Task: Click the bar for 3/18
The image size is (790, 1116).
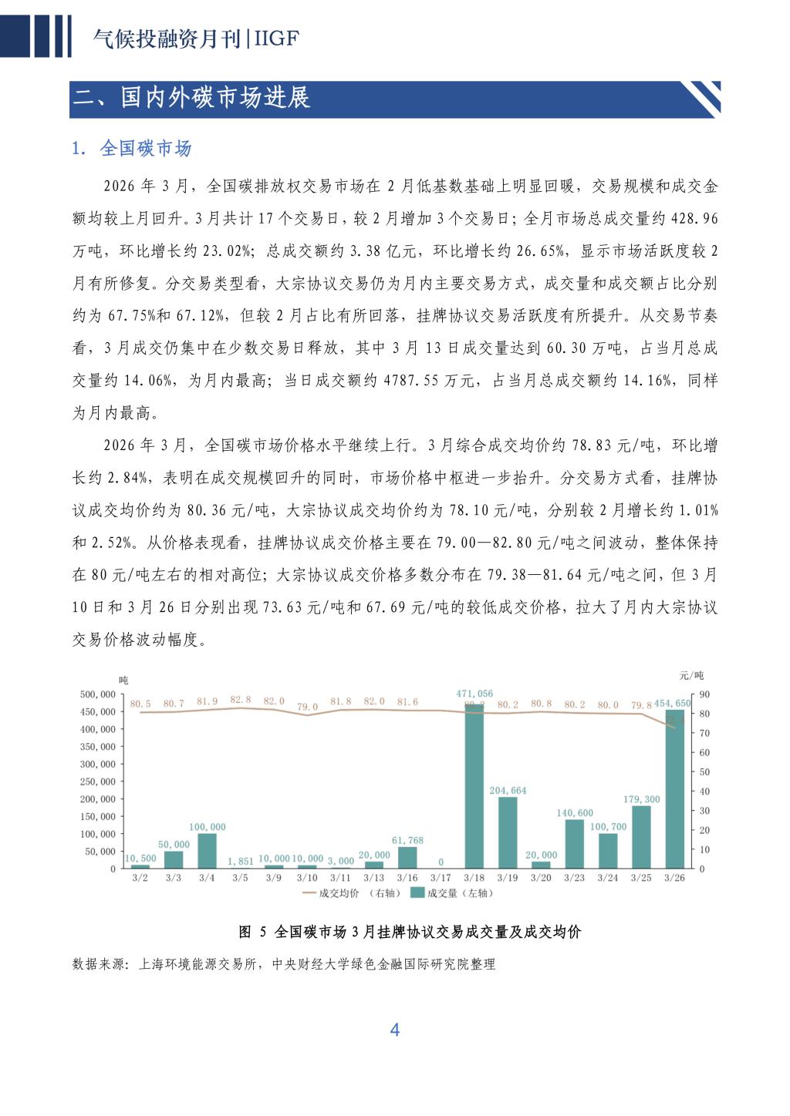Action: point(474,786)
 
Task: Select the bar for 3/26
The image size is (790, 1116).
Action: point(675,790)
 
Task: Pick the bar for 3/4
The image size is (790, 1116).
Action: point(207,851)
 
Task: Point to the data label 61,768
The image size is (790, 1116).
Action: point(407,840)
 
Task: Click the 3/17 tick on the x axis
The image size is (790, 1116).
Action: point(441,878)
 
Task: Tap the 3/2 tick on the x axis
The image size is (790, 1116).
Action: point(140,878)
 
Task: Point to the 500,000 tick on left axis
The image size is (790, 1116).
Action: point(97,694)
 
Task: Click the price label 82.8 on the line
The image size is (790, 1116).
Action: point(241,699)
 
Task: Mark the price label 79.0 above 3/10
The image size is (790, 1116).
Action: point(307,706)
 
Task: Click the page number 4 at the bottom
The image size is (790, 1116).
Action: point(395,1030)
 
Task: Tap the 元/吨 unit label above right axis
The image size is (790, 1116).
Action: point(690,676)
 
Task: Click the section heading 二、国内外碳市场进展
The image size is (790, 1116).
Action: point(192,99)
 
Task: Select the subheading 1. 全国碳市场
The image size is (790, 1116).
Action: point(132,148)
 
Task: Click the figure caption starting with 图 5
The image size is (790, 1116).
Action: point(410,932)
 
